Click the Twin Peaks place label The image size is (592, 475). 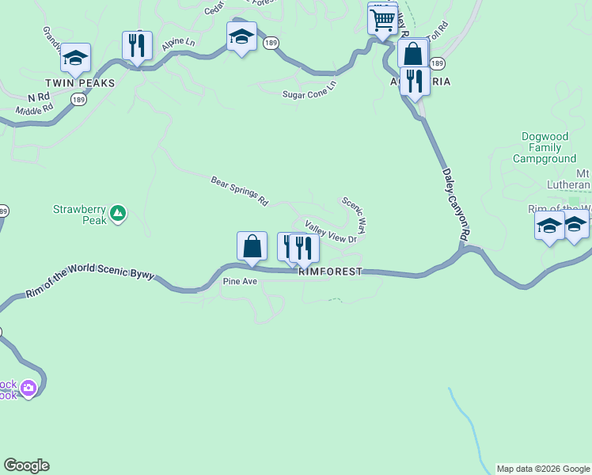80,83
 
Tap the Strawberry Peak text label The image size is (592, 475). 79,215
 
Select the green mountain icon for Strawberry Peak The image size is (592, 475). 118,212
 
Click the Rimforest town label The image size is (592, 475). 330,272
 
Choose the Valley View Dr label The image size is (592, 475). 331,232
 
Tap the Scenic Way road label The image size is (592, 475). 354,215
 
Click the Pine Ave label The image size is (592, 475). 241,281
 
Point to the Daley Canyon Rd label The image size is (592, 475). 456,203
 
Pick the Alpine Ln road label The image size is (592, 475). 178,44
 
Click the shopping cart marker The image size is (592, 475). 382,18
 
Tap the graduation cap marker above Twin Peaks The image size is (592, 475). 76,57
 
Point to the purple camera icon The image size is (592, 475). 28,388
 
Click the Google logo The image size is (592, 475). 26,465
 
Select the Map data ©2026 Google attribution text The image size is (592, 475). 543,469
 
